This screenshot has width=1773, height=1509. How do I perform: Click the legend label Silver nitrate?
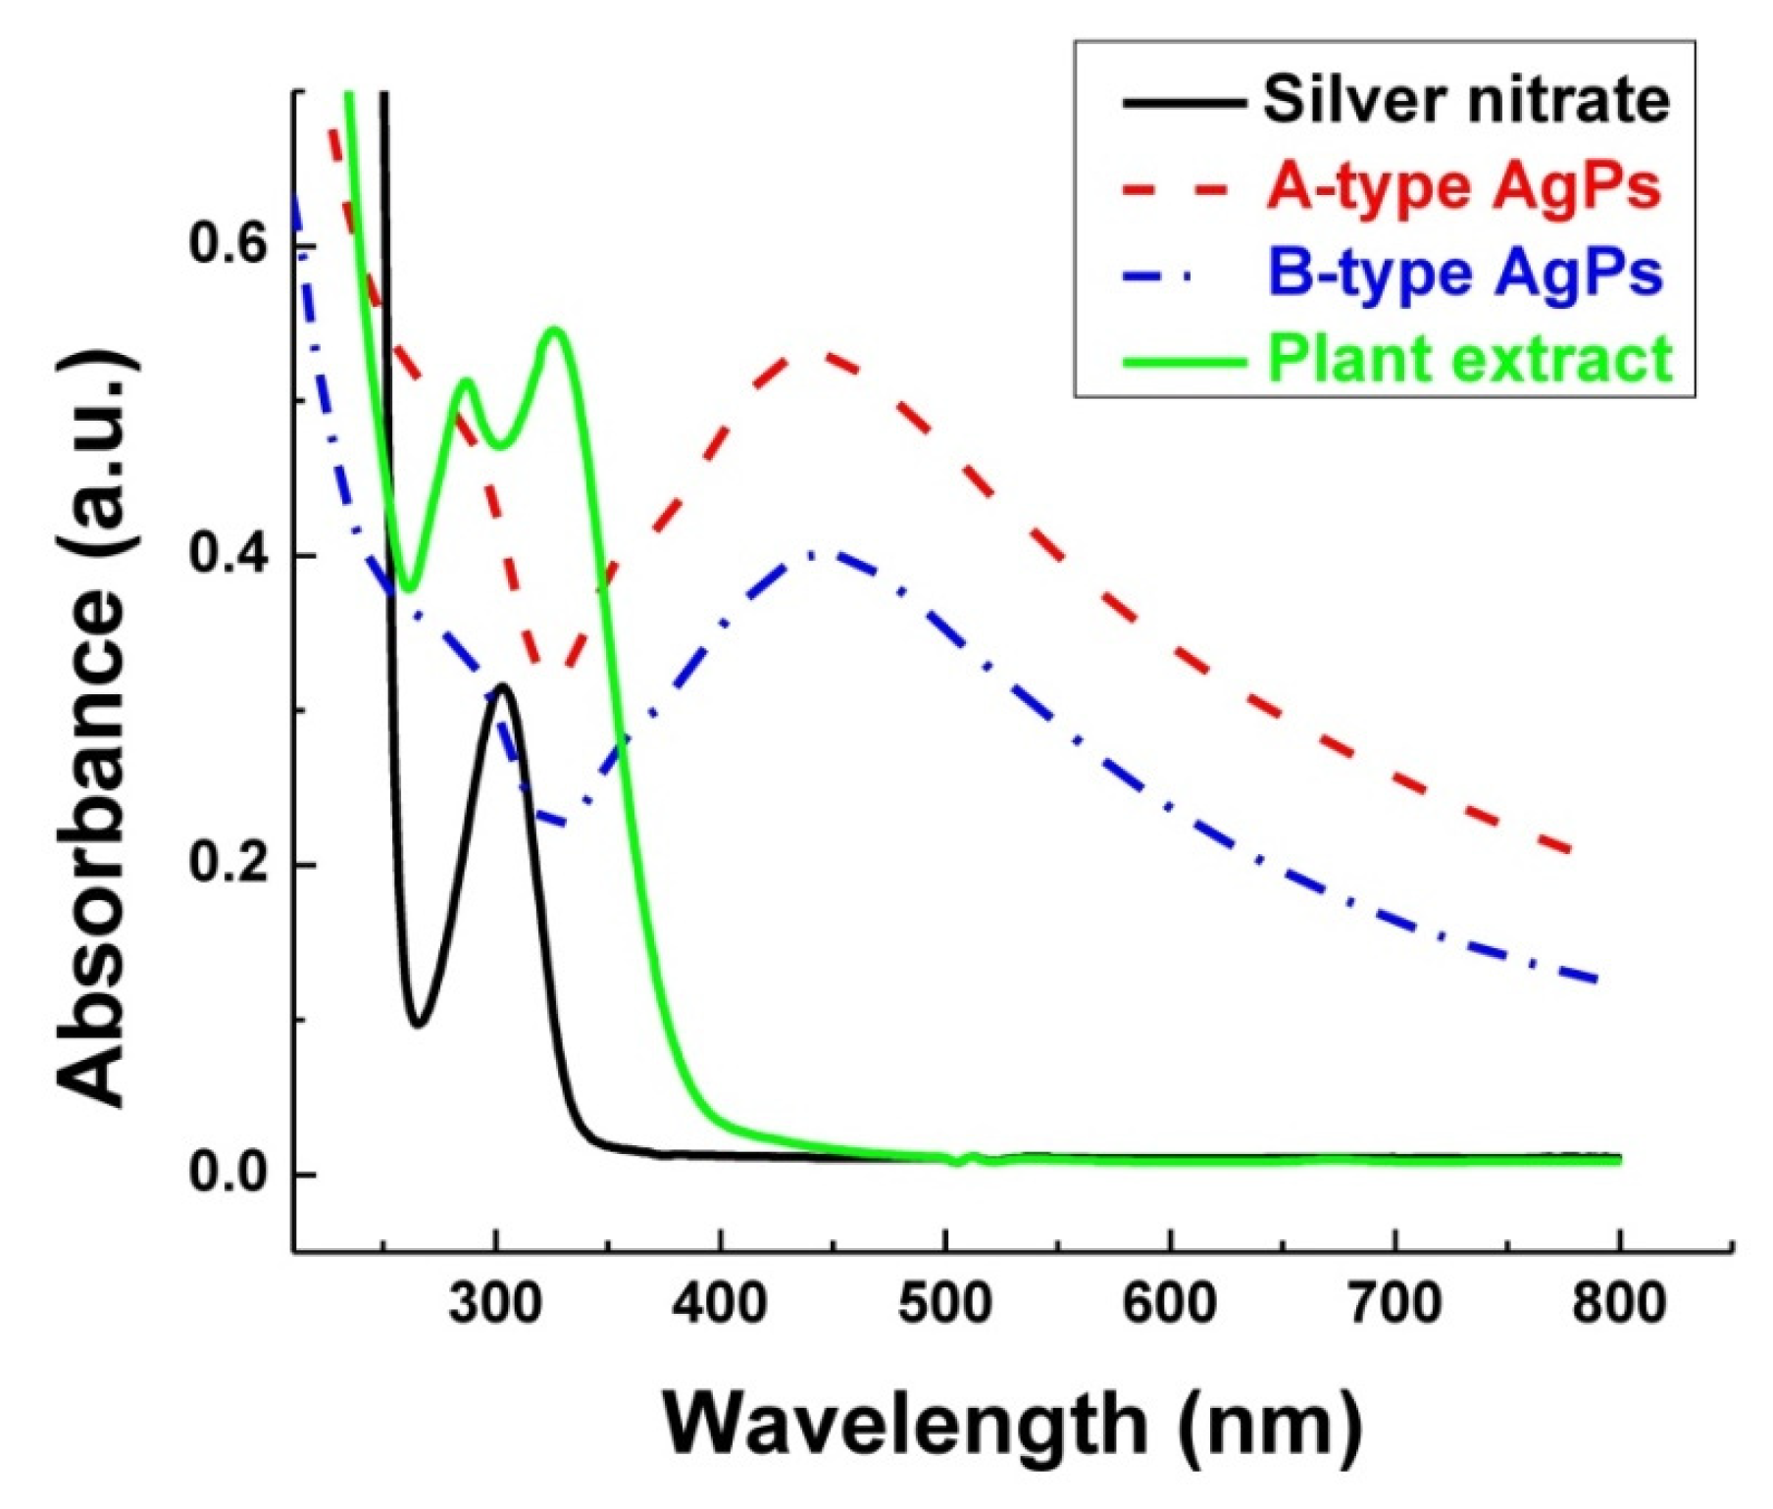coord(1465,100)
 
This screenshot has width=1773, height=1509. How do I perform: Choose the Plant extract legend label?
coord(1469,358)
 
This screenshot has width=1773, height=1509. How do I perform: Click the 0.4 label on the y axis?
coord(228,554)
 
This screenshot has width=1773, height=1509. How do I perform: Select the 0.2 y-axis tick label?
coord(228,864)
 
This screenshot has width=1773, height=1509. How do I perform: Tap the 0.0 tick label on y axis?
coord(228,1174)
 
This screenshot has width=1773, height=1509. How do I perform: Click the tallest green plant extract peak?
coord(555,330)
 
